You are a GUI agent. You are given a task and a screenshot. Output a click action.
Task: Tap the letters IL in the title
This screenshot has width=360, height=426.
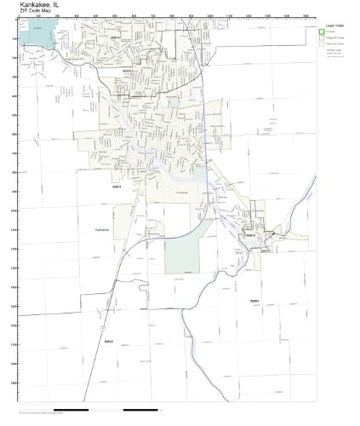71,5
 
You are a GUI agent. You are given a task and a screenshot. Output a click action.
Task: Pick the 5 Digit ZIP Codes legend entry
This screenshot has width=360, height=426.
335,38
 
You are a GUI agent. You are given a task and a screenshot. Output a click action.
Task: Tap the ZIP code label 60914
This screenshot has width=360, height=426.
115,37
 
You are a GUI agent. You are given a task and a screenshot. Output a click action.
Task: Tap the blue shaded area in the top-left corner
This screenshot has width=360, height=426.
39,35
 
